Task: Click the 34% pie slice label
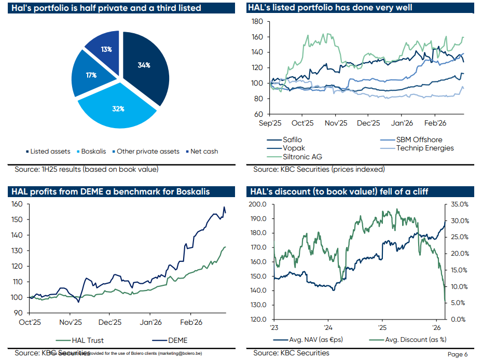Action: coord(144,65)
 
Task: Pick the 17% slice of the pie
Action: coord(91,75)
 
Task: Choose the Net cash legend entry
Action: coord(202,151)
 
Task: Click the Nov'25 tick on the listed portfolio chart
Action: coord(336,123)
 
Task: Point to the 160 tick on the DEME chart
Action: coord(18,204)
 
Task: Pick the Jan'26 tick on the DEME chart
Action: coord(150,322)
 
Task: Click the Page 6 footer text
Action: coord(458,354)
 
